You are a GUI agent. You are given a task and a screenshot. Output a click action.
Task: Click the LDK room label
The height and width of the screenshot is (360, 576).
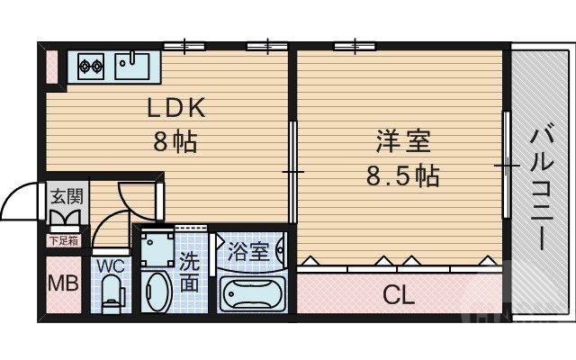coord(177,108)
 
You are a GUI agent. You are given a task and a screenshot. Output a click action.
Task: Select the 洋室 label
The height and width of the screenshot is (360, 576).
coord(402,141)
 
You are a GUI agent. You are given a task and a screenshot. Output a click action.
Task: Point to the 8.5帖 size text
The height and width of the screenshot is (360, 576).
coord(402,176)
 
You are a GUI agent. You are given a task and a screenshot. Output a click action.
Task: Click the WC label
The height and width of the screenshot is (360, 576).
coord(112,267)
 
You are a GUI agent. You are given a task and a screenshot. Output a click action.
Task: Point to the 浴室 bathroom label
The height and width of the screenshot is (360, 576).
coord(248,251)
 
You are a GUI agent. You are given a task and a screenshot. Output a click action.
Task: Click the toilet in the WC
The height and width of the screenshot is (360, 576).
coord(112,292)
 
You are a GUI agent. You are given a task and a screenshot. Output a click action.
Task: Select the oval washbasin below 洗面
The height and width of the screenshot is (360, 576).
coord(157,292)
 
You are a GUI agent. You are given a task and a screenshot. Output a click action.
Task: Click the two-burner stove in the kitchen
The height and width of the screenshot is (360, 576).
coord(93,65)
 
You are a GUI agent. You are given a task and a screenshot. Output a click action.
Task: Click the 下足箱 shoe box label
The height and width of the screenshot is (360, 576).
coord(63,240)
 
